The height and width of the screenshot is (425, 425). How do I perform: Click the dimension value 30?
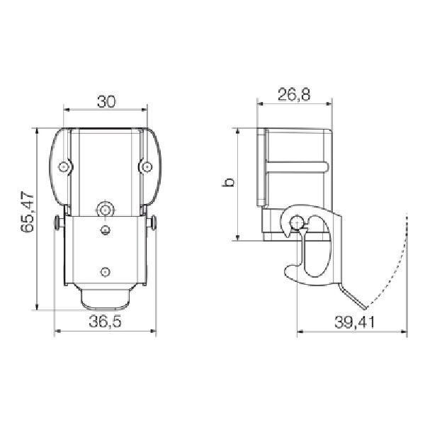tap(106, 101)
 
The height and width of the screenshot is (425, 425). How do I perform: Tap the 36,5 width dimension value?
tap(105, 322)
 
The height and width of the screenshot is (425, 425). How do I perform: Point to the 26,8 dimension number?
tap(294, 96)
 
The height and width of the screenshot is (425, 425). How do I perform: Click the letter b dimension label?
tap(228, 183)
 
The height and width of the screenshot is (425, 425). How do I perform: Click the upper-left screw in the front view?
tap(64, 167)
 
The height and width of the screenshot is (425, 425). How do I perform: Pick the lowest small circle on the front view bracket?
tap(105, 271)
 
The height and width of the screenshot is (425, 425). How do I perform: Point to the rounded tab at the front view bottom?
tap(105, 300)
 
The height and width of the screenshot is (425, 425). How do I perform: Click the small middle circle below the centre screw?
tap(105, 230)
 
